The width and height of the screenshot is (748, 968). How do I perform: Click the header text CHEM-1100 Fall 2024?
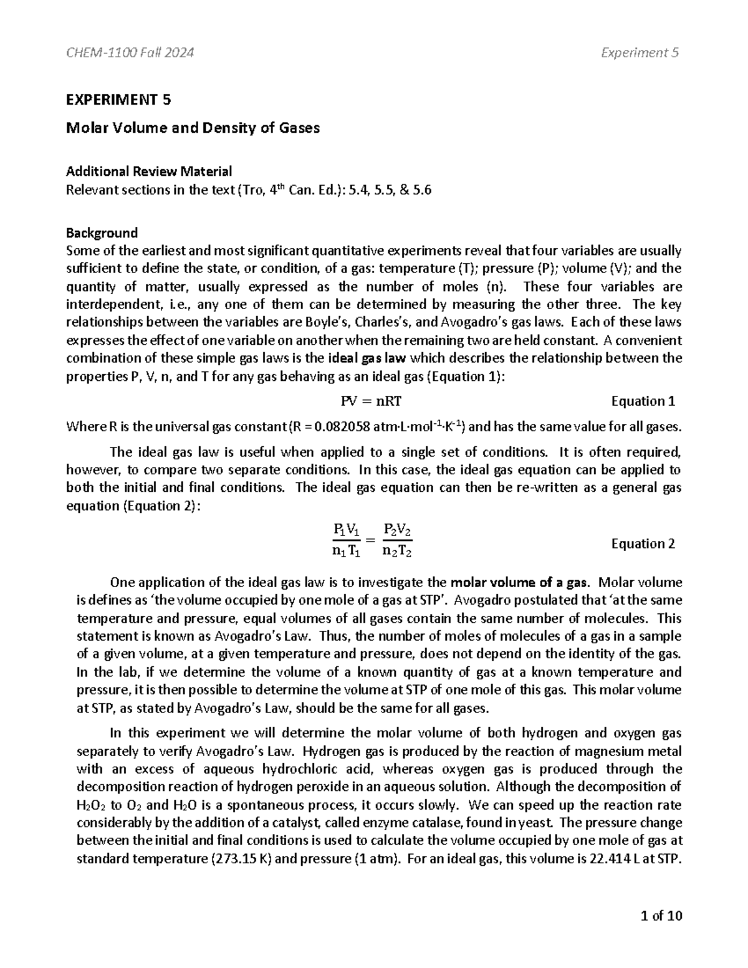[x=130, y=53]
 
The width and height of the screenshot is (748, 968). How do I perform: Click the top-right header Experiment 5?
[x=640, y=53]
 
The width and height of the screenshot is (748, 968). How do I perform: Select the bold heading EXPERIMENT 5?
[x=118, y=100]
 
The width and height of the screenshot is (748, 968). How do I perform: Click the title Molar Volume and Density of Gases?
[x=193, y=128]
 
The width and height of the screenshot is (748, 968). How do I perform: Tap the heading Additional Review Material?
[x=149, y=171]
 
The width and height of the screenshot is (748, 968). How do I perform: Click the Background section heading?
[x=102, y=233]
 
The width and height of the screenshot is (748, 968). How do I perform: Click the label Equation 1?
[x=643, y=401]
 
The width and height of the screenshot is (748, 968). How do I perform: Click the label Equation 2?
[x=643, y=544]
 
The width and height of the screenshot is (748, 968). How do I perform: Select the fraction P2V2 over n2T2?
[x=398, y=540]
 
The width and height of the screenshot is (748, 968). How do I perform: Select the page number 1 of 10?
[x=661, y=916]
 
